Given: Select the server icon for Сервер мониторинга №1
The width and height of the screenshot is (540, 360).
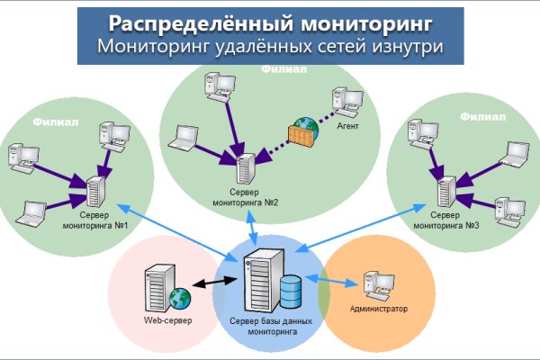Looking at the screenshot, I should pos(94,193).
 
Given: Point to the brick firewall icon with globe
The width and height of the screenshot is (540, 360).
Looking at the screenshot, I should pos(297,135).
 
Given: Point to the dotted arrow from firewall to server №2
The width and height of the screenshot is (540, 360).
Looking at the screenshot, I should pos(272,150).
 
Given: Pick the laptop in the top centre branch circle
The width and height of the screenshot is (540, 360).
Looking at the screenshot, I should pos(185,137).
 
